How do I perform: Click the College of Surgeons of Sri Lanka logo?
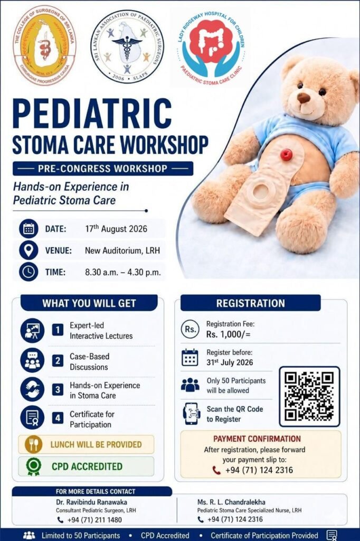[x=44, y=45]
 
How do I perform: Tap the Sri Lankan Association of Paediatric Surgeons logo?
[x=127, y=46]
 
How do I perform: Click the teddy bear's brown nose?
[x=304, y=98]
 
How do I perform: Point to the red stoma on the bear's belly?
[x=286, y=155]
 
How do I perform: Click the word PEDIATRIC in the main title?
[x=92, y=114]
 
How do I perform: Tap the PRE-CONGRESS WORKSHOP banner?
[x=103, y=169]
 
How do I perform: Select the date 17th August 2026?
[x=116, y=228]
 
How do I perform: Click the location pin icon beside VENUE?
[x=29, y=250]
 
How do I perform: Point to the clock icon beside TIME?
[x=29, y=272]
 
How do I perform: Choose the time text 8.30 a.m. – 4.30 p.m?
[x=123, y=272]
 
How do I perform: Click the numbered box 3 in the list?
[x=58, y=389]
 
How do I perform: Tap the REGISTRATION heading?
[x=251, y=303]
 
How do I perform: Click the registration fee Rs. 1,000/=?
[x=228, y=334]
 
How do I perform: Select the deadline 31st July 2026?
[x=230, y=362]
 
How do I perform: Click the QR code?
[x=309, y=396]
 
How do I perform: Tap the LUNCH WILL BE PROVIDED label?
[x=96, y=444]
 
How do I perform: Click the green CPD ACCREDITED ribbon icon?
[x=33, y=467]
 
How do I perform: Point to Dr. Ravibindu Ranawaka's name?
[x=91, y=502]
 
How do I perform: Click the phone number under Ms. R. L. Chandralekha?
[x=235, y=519]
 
